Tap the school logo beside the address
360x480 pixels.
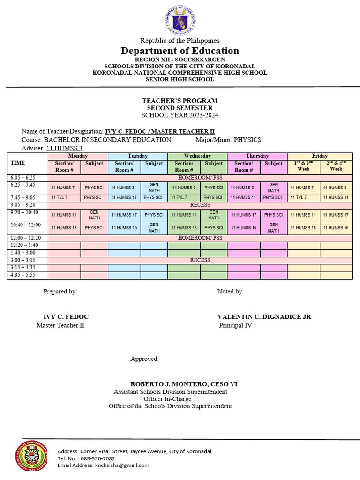pyautogui.click(x=31, y=455)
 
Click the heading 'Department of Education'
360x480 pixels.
pyautogui.click(x=180, y=51)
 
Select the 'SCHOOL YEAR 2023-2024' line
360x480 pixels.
pyautogui.click(x=180, y=115)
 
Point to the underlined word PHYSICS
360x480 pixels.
pyautogui.click(x=247, y=140)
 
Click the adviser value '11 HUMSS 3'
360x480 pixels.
pyautogui.click(x=64, y=148)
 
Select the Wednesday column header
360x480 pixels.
pyautogui.click(x=197, y=156)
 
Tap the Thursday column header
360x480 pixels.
pyautogui.click(x=257, y=156)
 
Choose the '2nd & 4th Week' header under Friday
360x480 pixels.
pyautogui.click(x=336, y=166)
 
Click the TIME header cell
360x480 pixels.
pyautogui.click(x=18, y=163)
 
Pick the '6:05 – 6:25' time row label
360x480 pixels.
pyautogui.click(x=22, y=178)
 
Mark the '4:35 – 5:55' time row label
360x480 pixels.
pyautogui.click(x=22, y=275)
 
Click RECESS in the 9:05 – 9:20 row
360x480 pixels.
pyautogui.click(x=200, y=205)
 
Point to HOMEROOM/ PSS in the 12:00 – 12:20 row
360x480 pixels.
pyautogui.click(x=200, y=238)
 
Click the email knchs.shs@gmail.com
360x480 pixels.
pyautogui.click(x=122, y=465)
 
